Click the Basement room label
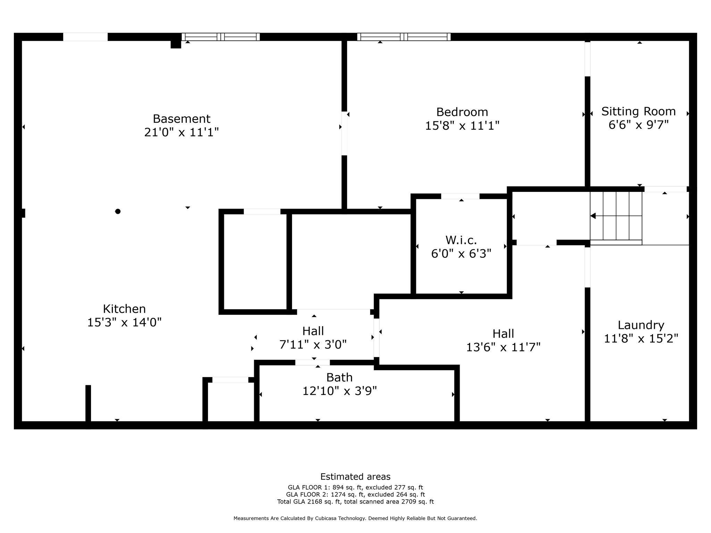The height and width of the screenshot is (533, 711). pyautogui.click(x=182, y=119)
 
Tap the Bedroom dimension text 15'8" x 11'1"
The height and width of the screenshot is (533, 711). pyautogui.click(x=462, y=125)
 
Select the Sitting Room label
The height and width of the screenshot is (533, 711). pyautogui.click(x=638, y=111)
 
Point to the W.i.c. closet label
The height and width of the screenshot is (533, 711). pyautogui.click(x=461, y=240)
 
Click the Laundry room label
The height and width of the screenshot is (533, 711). pyautogui.click(x=641, y=325)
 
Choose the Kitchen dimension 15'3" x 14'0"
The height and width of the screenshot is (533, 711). pyautogui.click(x=124, y=322)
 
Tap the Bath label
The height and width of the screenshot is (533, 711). pyautogui.click(x=339, y=377)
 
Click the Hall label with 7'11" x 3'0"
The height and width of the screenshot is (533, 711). pyautogui.click(x=313, y=331)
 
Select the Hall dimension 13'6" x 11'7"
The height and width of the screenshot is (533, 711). pyautogui.click(x=503, y=347)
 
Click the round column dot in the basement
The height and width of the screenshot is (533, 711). pyautogui.click(x=118, y=211)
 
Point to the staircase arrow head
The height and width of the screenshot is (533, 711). pyautogui.click(x=593, y=216)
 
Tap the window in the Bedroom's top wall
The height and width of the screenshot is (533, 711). pyautogui.click(x=404, y=37)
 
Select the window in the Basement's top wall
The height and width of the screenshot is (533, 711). pyautogui.click(x=220, y=37)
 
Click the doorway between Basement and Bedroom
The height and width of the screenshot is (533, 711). pyautogui.click(x=344, y=133)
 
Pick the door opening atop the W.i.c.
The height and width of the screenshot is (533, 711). pyautogui.click(x=460, y=196)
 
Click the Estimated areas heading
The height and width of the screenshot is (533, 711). pyautogui.click(x=355, y=476)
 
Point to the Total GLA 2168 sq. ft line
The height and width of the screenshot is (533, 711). pyautogui.click(x=355, y=501)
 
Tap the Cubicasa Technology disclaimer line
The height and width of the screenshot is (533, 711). pyautogui.click(x=355, y=518)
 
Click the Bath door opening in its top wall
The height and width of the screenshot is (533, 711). pyautogui.click(x=312, y=363)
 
